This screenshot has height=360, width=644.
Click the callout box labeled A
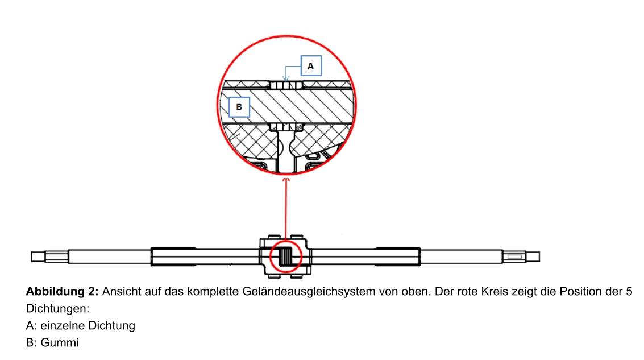pyautogui.click(x=310, y=66)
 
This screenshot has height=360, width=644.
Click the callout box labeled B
pyautogui.click(x=239, y=106)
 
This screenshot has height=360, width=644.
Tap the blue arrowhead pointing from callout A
pyautogui.click(x=287, y=80)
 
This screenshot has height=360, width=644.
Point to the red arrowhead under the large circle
pyautogui.click(x=286, y=181)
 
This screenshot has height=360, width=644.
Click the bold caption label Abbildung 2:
pyautogui.click(x=63, y=292)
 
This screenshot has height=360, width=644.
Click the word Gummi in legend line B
pyautogui.click(x=60, y=343)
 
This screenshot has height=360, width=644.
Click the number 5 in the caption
pyautogui.click(x=629, y=292)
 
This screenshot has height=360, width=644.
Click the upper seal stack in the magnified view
pyautogui.click(x=286, y=85)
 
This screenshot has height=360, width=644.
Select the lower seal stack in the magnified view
pyautogui.click(x=286, y=126)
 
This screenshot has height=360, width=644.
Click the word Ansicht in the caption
pyautogui.click(x=121, y=292)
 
